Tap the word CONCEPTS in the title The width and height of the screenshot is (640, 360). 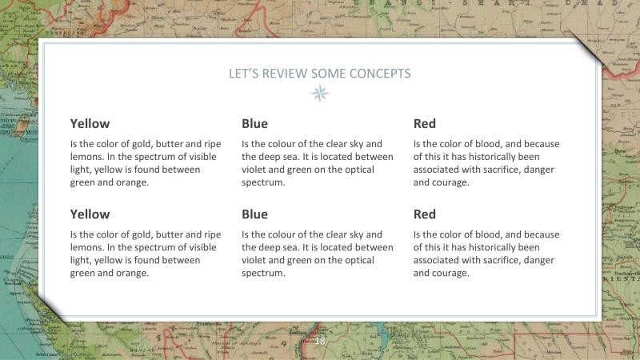click(378, 74)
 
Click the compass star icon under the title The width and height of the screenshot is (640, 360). click(320, 94)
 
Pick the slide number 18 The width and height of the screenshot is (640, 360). click(320, 342)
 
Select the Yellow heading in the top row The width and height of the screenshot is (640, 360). click(90, 124)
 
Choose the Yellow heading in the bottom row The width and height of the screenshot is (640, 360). click(90, 214)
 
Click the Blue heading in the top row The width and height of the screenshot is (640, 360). click(254, 124)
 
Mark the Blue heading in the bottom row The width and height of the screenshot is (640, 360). click(254, 214)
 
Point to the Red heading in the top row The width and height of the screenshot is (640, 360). click(425, 124)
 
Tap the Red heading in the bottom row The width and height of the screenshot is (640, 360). click(425, 214)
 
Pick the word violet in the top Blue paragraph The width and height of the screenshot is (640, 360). click(255, 170)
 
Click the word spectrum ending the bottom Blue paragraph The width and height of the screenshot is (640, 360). click(263, 273)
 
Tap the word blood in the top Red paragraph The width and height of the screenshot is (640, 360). click(481, 144)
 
